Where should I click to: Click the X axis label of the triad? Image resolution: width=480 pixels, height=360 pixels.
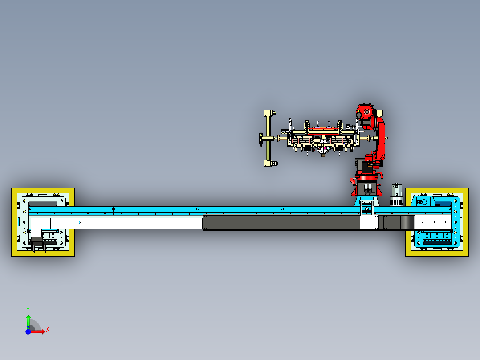pyautogui.click(x=48, y=330)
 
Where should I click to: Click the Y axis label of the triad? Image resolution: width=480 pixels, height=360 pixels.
pyautogui.click(x=28, y=310)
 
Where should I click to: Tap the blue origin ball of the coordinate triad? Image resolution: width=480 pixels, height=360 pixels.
pyautogui.click(x=28, y=331)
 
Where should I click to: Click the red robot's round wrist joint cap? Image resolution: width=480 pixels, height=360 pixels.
pyautogui.click(x=366, y=113)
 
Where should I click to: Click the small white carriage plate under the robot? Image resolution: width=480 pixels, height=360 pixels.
pyautogui.click(x=369, y=222)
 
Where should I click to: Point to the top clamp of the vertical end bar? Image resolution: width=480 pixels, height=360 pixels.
pyautogui.click(x=270, y=113)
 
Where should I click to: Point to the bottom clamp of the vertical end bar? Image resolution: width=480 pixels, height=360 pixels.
pyautogui.click(x=271, y=164)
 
